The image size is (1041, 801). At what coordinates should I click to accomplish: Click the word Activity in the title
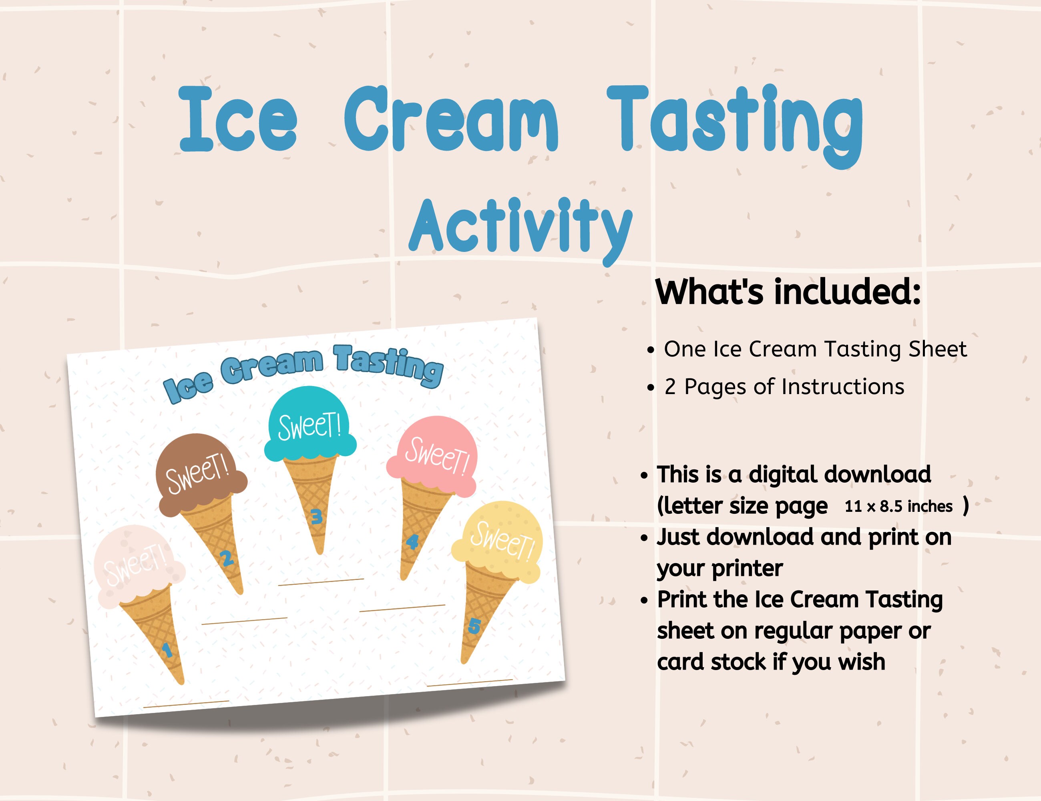(520, 228)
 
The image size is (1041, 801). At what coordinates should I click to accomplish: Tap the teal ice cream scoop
(310, 427)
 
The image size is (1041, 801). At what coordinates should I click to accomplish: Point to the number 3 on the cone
(316, 516)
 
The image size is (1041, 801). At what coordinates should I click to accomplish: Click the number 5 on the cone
(474, 626)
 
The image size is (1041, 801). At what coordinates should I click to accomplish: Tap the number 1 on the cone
(167, 650)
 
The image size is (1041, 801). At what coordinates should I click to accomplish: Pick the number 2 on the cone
(227, 558)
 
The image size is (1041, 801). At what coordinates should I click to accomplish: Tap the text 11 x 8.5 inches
(898, 506)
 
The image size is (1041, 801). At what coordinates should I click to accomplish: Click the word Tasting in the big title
(734, 122)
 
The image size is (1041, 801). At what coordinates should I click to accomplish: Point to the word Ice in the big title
(238, 119)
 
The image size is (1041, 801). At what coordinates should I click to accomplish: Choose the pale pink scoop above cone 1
(138, 565)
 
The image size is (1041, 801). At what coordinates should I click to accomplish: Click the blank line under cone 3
(321, 581)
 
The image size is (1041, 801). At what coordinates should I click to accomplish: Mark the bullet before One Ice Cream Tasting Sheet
(651, 350)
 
